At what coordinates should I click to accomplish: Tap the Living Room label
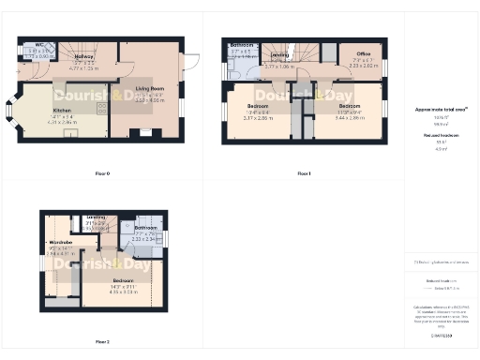pos(150,88)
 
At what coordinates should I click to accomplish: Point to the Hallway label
pos(85,56)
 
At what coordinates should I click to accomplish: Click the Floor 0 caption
pos(102,173)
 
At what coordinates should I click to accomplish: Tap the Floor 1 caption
pos(304,173)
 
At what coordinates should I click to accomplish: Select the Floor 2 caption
pos(102,342)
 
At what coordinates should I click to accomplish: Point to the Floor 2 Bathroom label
pos(144,228)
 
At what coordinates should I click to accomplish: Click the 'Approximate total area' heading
pos(441,110)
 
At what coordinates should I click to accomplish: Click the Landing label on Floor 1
pos(280,55)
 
